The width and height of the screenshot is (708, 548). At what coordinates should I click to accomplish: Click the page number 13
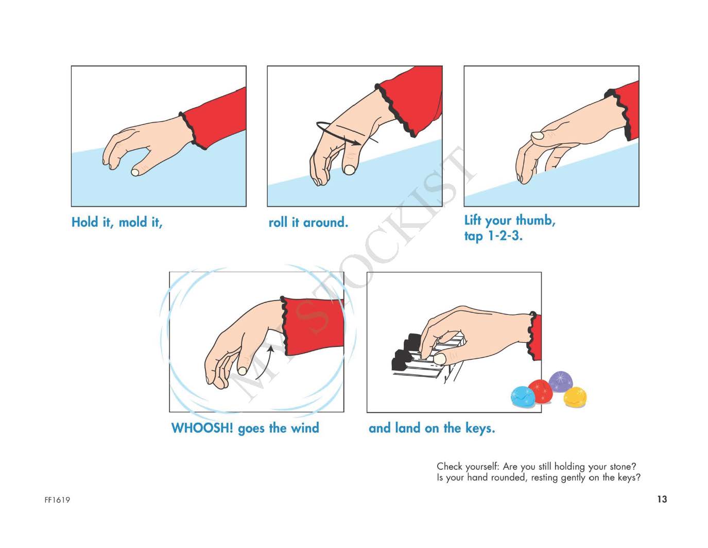662,500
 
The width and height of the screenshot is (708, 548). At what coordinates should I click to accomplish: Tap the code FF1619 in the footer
57,500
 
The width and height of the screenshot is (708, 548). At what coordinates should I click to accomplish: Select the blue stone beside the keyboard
523,397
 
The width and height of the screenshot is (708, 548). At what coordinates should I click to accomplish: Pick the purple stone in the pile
560,381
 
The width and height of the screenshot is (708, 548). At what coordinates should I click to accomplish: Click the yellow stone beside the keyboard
575,397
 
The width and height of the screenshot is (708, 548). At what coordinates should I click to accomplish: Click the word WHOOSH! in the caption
202,428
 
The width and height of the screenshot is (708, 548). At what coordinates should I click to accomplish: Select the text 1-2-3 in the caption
505,236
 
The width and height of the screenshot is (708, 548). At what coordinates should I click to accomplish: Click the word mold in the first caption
133,222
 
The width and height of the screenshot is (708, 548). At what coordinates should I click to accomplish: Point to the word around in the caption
325,223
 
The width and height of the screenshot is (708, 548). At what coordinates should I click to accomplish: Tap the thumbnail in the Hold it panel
135,172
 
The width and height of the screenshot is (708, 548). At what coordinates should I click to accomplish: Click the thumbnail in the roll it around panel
349,170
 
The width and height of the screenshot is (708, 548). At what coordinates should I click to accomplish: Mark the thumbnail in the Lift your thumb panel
537,136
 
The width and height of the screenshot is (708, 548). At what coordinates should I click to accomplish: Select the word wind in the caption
305,428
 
